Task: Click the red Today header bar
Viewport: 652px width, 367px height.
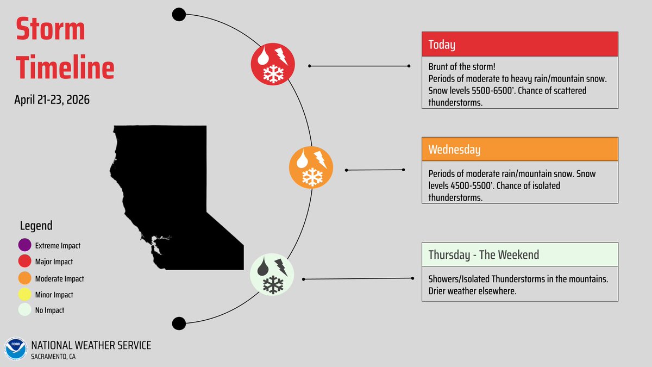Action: pyautogui.click(x=520, y=44)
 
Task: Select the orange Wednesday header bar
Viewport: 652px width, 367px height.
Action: pyautogui.click(x=520, y=149)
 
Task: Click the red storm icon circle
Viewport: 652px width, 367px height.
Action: pyautogui.click(x=273, y=64)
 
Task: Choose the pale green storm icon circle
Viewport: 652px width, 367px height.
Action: pyautogui.click(x=272, y=275)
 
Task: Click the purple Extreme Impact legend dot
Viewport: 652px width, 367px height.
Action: pyautogui.click(x=24, y=245)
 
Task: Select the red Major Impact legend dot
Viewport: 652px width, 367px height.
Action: pyautogui.click(x=24, y=262)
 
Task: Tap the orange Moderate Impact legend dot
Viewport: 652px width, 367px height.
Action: pyautogui.click(x=24, y=278)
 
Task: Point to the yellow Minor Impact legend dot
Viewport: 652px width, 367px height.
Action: pyautogui.click(x=24, y=295)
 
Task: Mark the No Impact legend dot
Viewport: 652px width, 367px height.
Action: pyautogui.click(x=24, y=310)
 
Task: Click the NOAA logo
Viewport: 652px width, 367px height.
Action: pyautogui.click(x=15, y=349)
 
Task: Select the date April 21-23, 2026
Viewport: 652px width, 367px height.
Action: pyautogui.click(x=52, y=100)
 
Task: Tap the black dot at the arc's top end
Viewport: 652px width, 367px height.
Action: pyautogui.click(x=179, y=14)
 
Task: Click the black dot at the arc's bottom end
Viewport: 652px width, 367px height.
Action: pyautogui.click(x=179, y=324)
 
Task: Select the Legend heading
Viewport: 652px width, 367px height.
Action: pyautogui.click(x=36, y=226)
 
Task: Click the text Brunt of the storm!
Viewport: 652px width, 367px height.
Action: pyautogui.click(x=461, y=67)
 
